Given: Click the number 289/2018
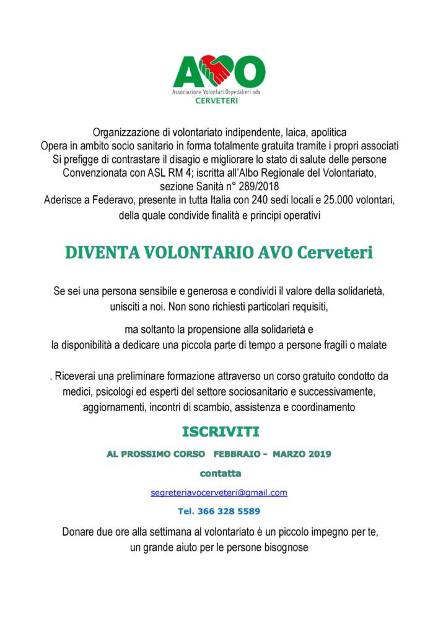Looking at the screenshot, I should click(x=255, y=186).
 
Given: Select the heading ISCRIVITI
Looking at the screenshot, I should click(x=220, y=431).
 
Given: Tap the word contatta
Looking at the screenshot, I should click(x=220, y=473).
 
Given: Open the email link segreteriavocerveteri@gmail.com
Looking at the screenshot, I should click(x=219, y=493).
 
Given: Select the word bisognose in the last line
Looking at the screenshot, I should click(x=286, y=547).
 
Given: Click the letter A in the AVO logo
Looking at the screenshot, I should click(x=189, y=73).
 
